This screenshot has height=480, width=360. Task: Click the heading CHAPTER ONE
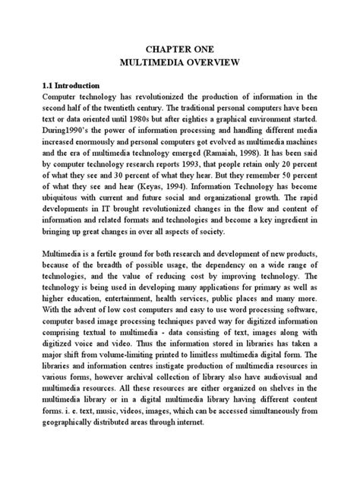click(179, 48)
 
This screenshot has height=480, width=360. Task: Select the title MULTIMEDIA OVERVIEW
click(179, 61)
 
